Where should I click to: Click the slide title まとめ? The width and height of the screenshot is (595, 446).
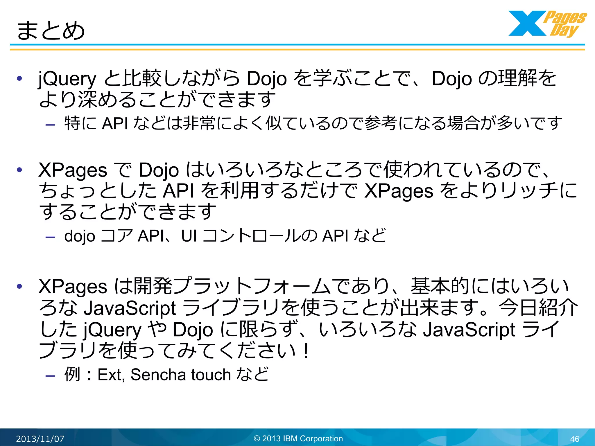[51, 30]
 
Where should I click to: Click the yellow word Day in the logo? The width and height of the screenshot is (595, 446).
[564, 30]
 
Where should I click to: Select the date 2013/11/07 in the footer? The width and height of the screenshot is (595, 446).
[40, 438]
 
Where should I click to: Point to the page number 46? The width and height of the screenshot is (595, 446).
[575, 439]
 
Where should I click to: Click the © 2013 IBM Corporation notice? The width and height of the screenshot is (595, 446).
[298, 438]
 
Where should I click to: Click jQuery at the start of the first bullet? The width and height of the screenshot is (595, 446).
[67, 79]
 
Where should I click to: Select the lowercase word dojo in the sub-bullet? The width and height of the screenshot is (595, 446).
[80, 236]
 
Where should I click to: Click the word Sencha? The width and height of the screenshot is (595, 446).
[158, 375]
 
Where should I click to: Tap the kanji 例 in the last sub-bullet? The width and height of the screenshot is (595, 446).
[72, 374]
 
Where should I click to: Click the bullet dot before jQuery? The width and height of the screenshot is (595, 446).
[19, 78]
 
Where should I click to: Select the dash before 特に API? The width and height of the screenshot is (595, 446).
[50, 125]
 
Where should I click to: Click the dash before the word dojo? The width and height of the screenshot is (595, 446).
[50, 237]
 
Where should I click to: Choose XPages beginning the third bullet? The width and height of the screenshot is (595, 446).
[73, 287]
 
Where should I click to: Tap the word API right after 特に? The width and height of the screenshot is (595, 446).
[115, 123]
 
